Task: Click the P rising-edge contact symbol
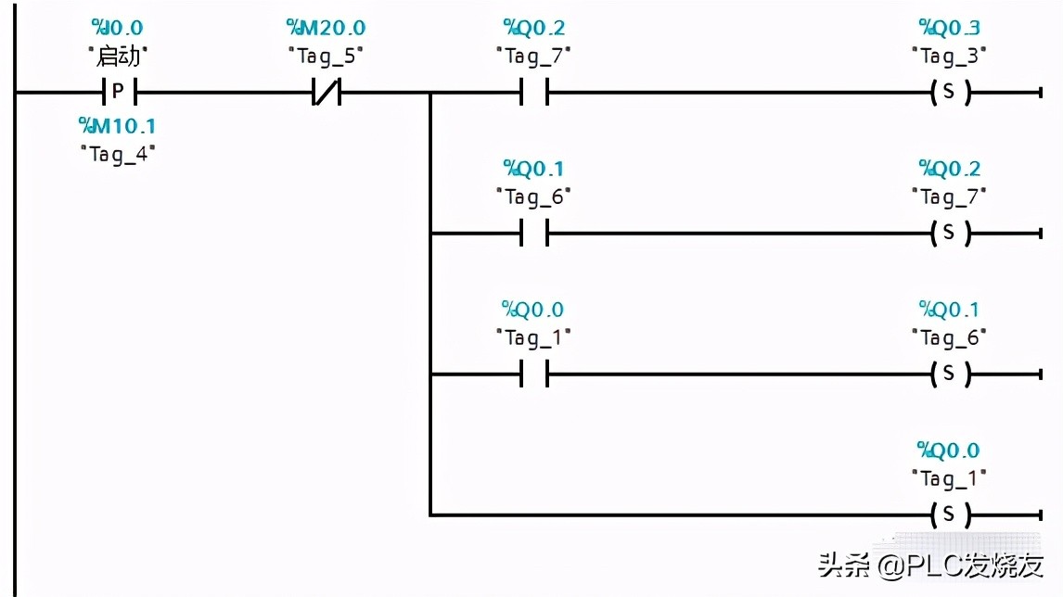click(x=118, y=92)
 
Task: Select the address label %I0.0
click(x=118, y=28)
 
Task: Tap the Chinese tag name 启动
click(x=118, y=57)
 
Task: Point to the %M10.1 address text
click(x=117, y=125)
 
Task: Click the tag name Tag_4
click(x=117, y=153)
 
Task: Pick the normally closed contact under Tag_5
click(x=326, y=92)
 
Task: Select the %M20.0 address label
click(x=326, y=28)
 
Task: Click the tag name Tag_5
click(x=326, y=57)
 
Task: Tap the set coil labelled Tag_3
click(x=949, y=92)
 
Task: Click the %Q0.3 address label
click(x=949, y=28)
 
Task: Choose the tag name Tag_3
click(x=949, y=57)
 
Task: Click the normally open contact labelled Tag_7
click(x=533, y=92)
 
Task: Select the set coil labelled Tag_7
click(x=949, y=233)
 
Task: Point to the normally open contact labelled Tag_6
click(x=533, y=233)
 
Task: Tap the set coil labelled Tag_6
click(x=949, y=374)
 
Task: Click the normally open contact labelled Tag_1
click(x=533, y=374)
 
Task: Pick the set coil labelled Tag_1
click(x=949, y=514)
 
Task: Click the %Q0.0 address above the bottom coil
click(x=949, y=451)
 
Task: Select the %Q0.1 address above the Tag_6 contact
click(x=533, y=169)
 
